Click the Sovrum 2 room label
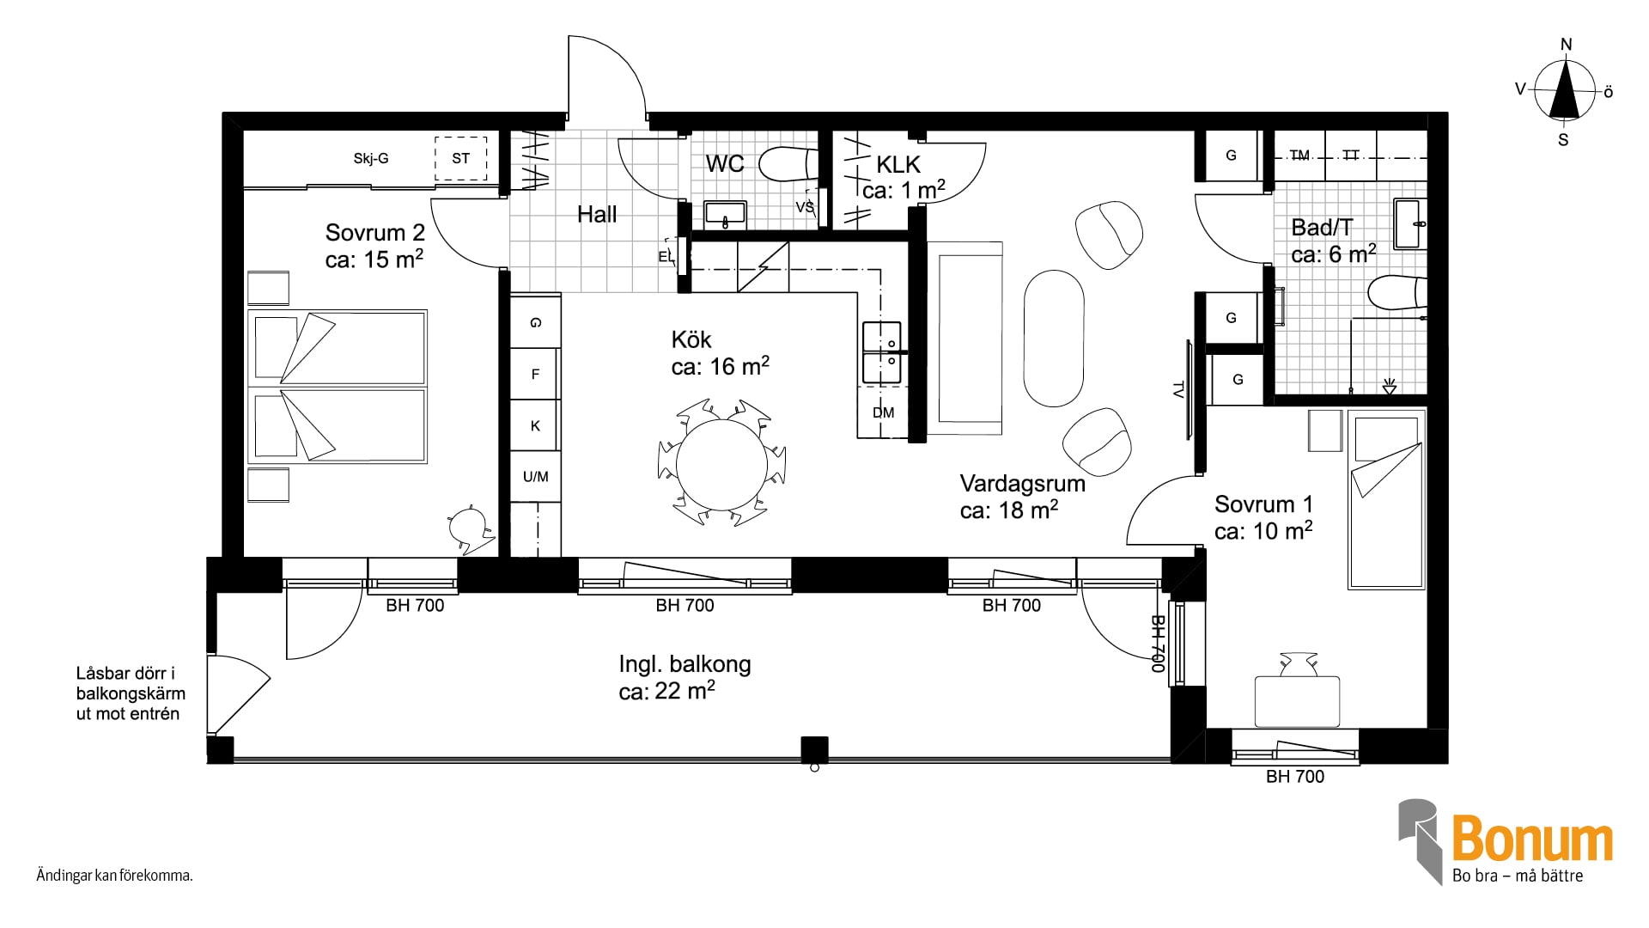tap(375, 232)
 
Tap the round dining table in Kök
tap(721, 465)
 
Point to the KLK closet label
tap(898, 164)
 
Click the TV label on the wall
tap(1178, 389)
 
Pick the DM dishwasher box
tap(883, 412)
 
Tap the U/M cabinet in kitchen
tap(536, 477)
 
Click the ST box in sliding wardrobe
tap(461, 158)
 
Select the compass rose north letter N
tap(1567, 45)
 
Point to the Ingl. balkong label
tap(685, 664)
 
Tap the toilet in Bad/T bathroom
tap(1396, 293)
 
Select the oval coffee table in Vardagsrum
tap(1054, 339)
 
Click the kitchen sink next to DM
tap(882, 353)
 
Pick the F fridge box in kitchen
tap(536, 374)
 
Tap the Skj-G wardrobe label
tap(371, 158)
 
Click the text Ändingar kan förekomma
tap(114, 876)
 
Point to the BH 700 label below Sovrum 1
tap(1295, 777)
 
